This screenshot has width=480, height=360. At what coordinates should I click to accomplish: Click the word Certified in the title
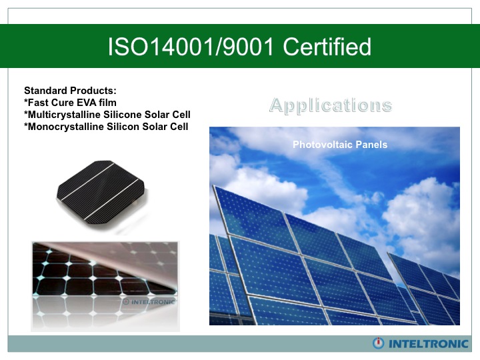[327, 47]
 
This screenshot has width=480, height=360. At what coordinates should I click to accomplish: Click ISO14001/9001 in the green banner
[191, 47]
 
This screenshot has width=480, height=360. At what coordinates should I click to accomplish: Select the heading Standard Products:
[70, 91]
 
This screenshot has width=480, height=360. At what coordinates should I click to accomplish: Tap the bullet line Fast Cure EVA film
[70, 103]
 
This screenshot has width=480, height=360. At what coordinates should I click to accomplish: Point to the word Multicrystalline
[63, 115]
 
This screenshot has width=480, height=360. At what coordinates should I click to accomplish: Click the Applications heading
[331, 105]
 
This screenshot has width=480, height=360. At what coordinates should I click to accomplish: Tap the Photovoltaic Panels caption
[340, 145]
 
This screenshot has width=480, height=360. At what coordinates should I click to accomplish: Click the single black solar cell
[101, 190]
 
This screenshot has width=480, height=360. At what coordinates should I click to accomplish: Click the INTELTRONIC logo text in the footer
[429, 344]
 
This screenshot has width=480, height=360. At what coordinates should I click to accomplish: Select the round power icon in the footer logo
[379, 343]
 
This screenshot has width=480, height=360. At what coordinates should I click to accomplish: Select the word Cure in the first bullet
[63, 103]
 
